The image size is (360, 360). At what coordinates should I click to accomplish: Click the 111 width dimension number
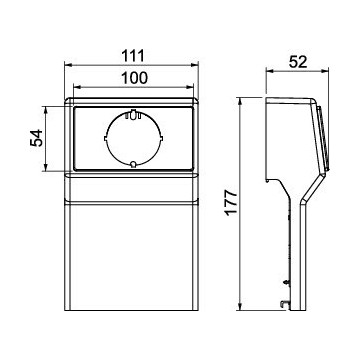pyautogui.click(x=133, y=56)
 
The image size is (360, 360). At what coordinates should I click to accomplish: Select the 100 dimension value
pyautogui.click(x=134, y=78)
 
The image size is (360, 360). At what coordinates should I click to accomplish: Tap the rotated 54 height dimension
pyautogui.click(x=37, y=138)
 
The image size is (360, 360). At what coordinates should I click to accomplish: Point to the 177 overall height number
pyautogui.click(x=231, y=203)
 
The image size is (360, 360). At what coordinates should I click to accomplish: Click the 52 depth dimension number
pyautogui.click(x=298, y=62)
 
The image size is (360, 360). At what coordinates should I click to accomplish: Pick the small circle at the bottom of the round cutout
pyautogui.click(x=133, y=164)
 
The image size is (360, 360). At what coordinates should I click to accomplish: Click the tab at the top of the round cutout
pyautogui.click(x=133, y=114)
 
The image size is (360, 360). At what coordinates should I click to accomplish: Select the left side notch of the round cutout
pyautogui.click(x=105, y=138)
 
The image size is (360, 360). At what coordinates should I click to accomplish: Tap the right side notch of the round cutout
pyautogui.click(x=161, y=138)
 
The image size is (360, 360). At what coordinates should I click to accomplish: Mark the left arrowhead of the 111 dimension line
pyautogui.click(x=68, y=65)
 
